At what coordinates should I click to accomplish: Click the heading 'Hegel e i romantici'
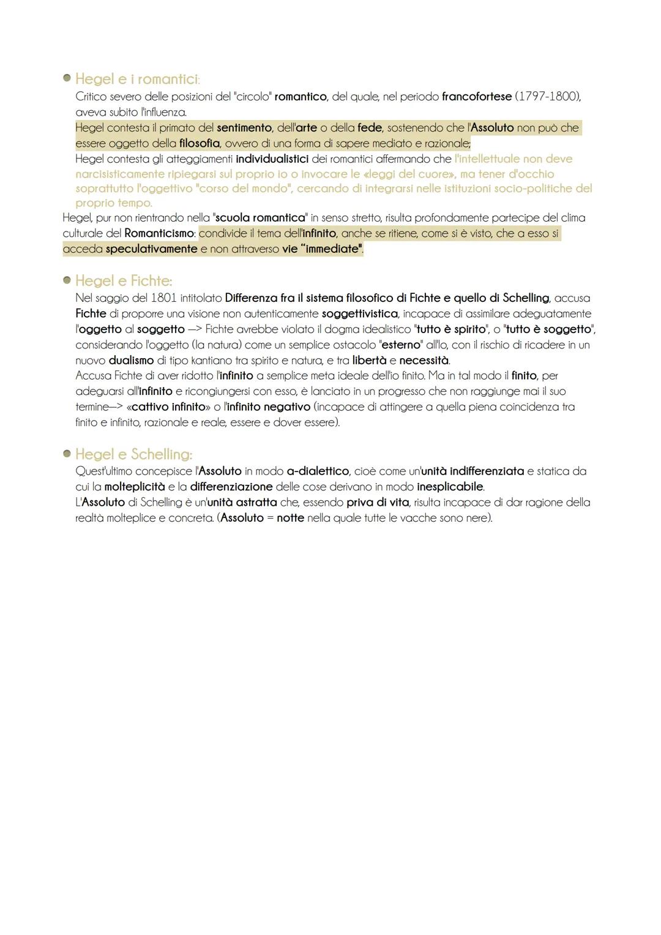point(136,80)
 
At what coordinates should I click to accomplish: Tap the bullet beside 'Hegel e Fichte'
point(67,280)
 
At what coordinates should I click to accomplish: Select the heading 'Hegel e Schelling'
point(133,454)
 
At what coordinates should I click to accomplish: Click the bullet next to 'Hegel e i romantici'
point(67,78)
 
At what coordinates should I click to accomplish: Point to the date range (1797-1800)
point(547,97)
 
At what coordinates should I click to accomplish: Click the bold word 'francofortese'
point(476,97)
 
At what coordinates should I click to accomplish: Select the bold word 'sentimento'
point(244,128)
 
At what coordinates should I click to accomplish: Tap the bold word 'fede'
point(370,128)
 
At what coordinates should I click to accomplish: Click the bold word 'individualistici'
point(272,159)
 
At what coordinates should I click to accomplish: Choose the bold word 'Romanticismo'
point(159,233)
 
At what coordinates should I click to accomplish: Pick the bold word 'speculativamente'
point(151,249)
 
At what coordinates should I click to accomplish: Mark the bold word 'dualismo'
point(131,361)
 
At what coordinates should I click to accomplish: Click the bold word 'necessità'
point(424,361)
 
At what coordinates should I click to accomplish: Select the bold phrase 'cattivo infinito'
point(168,407)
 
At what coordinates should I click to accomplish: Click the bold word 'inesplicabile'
point(450,487)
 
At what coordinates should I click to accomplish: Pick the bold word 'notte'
point(290,518)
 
